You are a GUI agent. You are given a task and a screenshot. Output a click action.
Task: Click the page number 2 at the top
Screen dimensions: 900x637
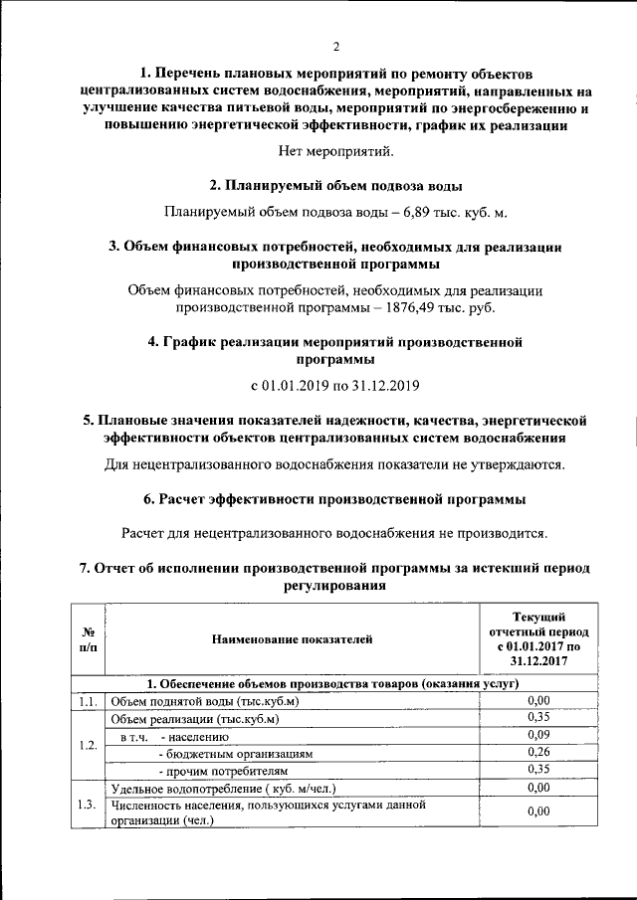pos(336,47)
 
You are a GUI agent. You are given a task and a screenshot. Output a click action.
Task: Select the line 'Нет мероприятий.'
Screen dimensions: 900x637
pos(335,152)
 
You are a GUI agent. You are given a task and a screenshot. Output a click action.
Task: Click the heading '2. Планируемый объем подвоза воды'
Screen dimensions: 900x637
pos(335,185)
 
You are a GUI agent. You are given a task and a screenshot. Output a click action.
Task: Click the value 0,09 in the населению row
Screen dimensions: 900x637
pos(538,736)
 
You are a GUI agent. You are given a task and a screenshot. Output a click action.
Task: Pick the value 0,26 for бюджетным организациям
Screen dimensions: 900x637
pos(538,753)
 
